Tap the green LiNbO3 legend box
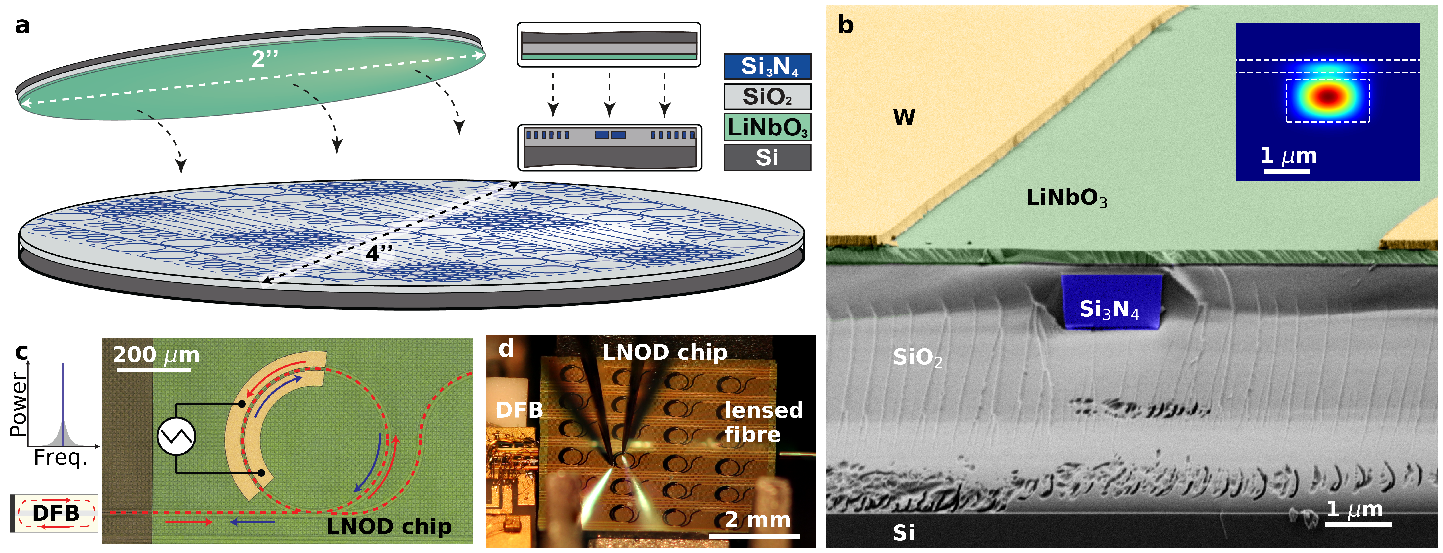coord(767,127)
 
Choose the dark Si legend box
coord(767,157)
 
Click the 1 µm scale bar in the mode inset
coord(1287,171)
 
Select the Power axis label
coord(18,404)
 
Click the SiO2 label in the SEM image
coord(917,357)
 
